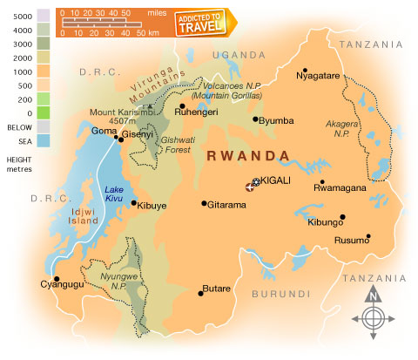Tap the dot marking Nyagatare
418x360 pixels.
click(305, 71)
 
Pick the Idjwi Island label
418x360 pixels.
click(61, 215)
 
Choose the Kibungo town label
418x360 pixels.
click(326, 222)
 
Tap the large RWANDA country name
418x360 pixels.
click(248, 155)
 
